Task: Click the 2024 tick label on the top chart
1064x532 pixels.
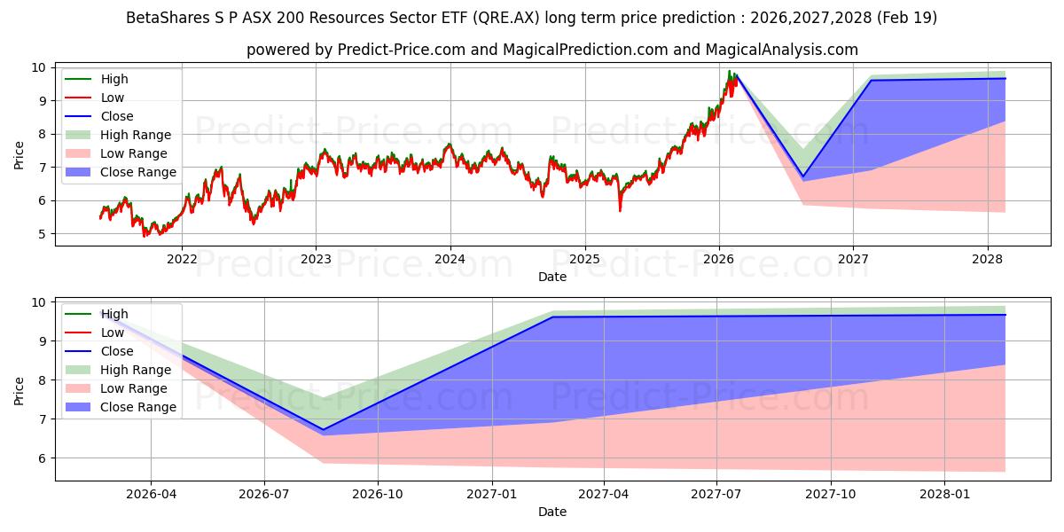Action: pos(450,259)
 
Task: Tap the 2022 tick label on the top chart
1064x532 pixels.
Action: pos(182,259)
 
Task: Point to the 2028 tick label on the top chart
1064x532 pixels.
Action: pos(987,259)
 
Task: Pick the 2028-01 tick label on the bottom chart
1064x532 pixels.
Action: pos(945,494)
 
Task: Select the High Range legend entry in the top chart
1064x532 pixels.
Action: pos(136,135)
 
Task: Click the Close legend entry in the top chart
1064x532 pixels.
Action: pos(116,116)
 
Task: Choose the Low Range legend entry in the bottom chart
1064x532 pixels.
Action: pos(134,388)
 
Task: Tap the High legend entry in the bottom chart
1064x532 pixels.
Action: pos(113,314)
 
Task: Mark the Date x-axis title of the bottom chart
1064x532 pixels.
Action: pos(552,512)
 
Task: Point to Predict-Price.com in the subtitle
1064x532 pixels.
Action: pos(401,50)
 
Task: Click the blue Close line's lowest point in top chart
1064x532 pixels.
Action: pos(803,176)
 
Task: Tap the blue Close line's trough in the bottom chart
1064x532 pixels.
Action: pos(323,430)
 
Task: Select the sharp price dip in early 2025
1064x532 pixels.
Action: pos(620,210)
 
